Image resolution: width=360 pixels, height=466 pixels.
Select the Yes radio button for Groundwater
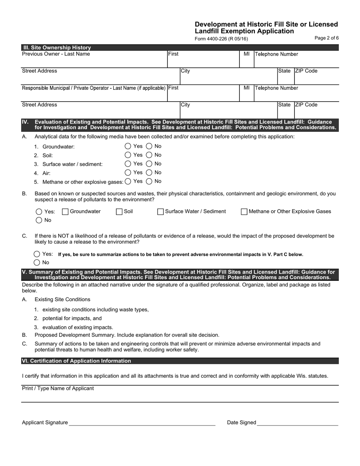pos(128,146)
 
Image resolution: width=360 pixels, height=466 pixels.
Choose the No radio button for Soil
pos(149,155)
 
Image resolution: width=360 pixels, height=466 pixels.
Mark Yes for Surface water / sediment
pos(128,164)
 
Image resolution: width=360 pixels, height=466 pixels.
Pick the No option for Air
pos(149,172)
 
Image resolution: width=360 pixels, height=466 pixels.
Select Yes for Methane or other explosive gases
pos(128,181)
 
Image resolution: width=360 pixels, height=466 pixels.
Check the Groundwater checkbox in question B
pos(65,212)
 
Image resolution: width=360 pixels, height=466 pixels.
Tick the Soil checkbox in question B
pos(119,212)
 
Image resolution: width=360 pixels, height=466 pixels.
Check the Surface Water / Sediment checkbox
pos(160,212)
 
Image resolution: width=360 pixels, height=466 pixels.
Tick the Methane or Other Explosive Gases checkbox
pos(244,212)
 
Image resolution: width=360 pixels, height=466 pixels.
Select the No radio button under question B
pos(39,220)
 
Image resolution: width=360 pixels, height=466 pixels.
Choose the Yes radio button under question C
pos(37,254)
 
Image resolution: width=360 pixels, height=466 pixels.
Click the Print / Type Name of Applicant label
pos(58,388)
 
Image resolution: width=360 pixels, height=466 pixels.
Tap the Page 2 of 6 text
pos(327,38)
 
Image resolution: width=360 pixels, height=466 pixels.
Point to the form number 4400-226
pos(221,39)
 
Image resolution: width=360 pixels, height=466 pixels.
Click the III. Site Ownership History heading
pos(57,48)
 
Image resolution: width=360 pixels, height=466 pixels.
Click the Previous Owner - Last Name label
pos(56,54)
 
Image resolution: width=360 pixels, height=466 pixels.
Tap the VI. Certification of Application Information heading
pos(77,361)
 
